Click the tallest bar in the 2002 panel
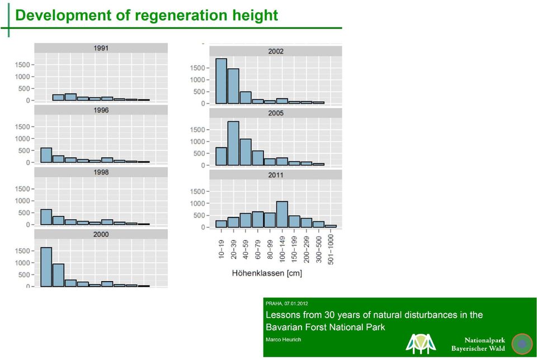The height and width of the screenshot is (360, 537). (x=222, y=81)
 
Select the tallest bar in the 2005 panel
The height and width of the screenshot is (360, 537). (x=233, y=143)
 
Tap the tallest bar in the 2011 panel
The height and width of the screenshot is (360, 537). (x=282, y=215)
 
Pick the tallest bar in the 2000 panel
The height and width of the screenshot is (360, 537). (x=46, y=267)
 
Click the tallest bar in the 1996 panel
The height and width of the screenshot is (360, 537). (x=46, y=155)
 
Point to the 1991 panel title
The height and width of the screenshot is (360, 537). (x=101, y=48)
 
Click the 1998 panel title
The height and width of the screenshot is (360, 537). (x=101, y=172)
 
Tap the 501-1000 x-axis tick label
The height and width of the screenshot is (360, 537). (x=331, y=249)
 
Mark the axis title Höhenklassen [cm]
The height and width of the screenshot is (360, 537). (x=267, y=273)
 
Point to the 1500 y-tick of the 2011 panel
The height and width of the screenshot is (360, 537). (x=197, y=192)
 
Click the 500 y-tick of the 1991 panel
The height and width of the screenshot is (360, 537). (x=24, y=89)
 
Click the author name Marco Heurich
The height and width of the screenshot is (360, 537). (x=283, y=339)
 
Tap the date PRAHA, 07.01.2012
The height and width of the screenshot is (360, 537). (x=286, y=304)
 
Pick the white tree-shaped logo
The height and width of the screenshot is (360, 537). (x=421, y=344)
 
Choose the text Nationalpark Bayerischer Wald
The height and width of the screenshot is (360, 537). (x=478, y=344)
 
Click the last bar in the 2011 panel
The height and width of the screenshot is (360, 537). (x=331, y=226)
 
